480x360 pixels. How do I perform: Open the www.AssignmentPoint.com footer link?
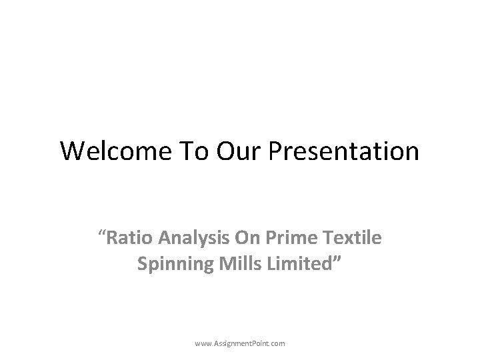tap(240, 343)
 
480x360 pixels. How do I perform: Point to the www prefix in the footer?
tap(203, 343)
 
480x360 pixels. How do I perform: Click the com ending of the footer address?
tap(279, 343)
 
